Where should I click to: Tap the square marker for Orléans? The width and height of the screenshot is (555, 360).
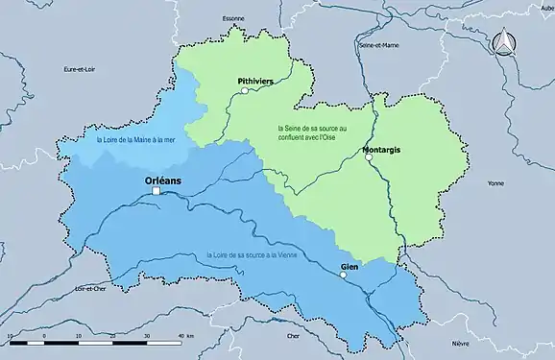click(x=156, y=192)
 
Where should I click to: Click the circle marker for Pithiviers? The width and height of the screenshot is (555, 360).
click(x=245, y=91)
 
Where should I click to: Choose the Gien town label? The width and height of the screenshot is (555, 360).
click(x=350, y=266)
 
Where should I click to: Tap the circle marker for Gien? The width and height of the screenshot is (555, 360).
click(x=343, y=276)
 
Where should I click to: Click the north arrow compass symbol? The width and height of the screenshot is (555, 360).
click(x=503, y=41)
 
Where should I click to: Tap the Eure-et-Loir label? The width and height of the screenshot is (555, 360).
click(x=77, y=69)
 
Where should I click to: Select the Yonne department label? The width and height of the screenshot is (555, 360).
click(x=495, y=182)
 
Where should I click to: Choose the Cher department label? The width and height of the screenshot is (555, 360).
click(x=294, y=337)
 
